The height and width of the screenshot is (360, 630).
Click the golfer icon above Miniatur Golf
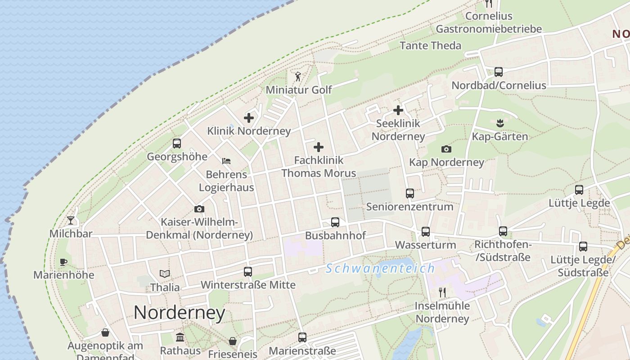[x=297, y=76]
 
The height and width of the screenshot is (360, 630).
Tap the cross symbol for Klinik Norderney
[x=249, y=118]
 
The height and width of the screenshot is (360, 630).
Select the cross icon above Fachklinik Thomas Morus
[x=319, y=147]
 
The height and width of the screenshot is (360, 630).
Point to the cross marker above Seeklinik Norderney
[x=398, y=110]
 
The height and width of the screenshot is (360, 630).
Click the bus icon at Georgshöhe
[x=177, y=144]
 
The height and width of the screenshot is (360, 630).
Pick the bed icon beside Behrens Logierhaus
[x=226, y=161]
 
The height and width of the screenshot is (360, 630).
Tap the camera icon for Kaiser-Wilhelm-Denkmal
[x=199, y=209]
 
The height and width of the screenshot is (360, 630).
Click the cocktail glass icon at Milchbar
[x=71, y=220]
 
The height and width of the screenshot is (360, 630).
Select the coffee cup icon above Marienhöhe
[x=63, y=262]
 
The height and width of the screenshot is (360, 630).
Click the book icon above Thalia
[x=165, y=274]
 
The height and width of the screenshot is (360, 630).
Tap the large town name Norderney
[x=179, y=312]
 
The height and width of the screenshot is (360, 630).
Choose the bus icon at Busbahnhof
[x=335, y=222]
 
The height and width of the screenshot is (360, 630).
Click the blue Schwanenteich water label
[x=380, y=269]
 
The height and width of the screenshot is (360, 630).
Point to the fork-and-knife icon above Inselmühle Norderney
[x=442, y=292]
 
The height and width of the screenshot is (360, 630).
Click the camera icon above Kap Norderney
[x=446, y=149]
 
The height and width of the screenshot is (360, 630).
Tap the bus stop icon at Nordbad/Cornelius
[x=499, y=72]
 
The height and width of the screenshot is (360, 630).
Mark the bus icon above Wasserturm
[x=426, y=232]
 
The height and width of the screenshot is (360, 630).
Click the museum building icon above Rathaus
[x=180, y=337]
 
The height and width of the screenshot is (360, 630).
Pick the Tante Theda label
[x=430, y=45]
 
